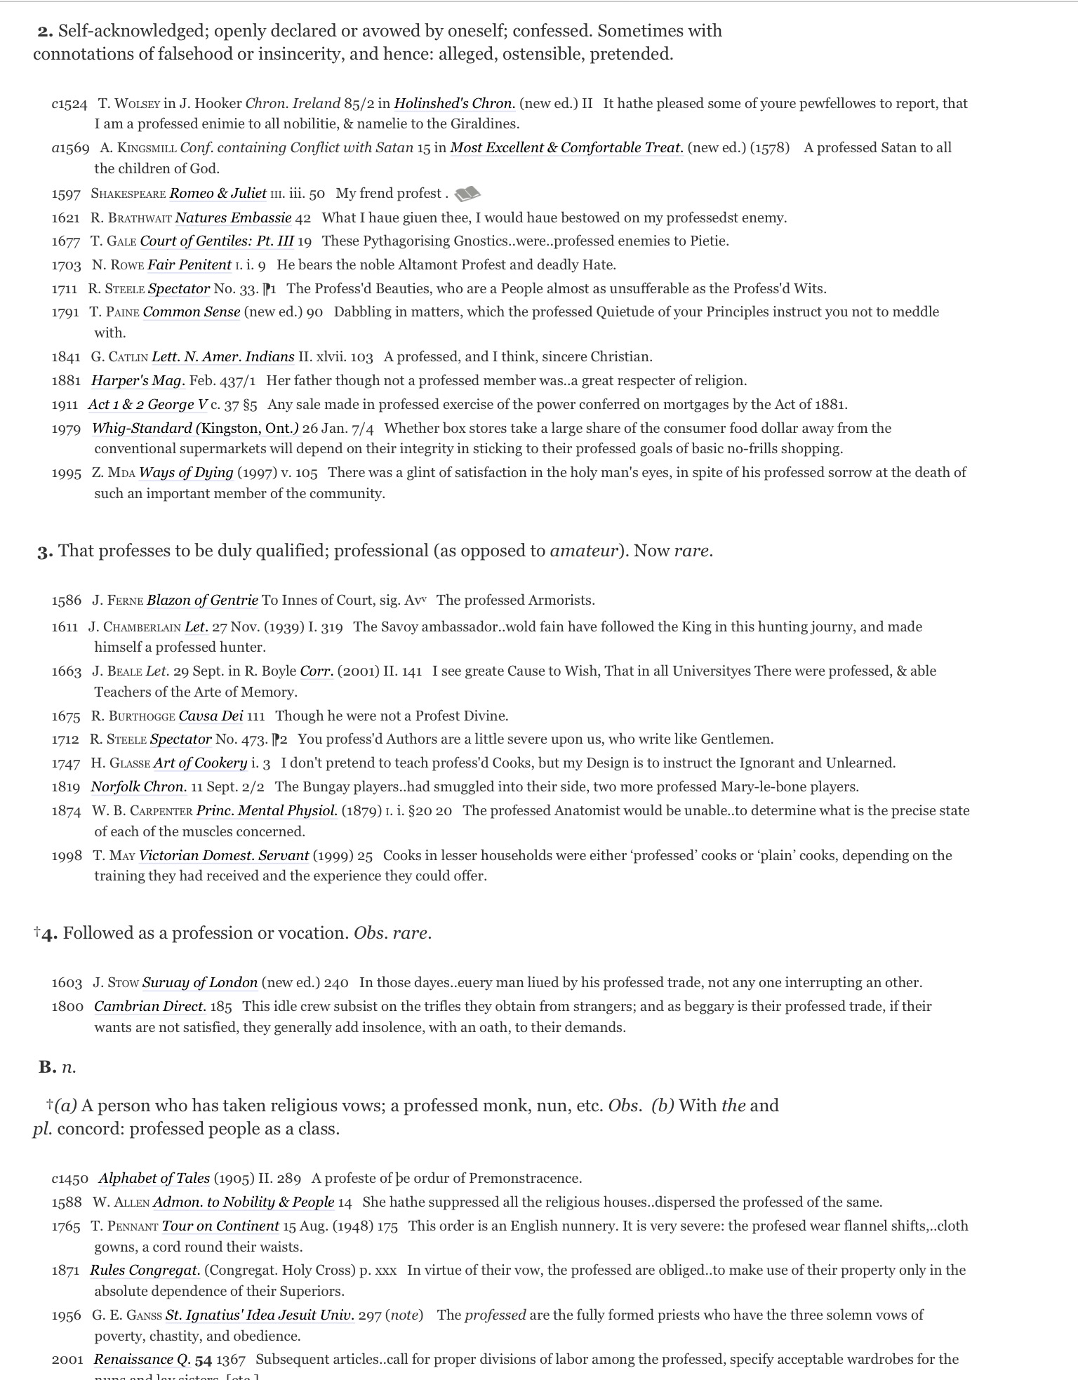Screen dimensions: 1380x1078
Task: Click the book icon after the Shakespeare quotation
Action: (x=467, y=193)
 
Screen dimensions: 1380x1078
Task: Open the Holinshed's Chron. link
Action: (x=454, y=104)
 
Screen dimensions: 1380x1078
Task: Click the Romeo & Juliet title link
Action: (x=218, y=194)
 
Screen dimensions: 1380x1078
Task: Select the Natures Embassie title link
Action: (x=232, y=217)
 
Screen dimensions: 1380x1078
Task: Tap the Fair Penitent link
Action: (x=189, y=265)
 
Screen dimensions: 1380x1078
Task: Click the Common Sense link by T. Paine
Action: (x=191, y=312)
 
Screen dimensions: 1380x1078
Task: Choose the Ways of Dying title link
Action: (x=186, y=473)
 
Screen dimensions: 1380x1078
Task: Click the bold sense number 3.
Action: (x=44, y=551)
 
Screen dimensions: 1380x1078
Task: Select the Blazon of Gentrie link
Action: (x=202, y=601)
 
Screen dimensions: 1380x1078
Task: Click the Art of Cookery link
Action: (x=200, y=763)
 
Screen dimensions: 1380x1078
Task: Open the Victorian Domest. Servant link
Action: (x=224, y=856)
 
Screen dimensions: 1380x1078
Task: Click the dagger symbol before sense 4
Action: (x=36, y=932)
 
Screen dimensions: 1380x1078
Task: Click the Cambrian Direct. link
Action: (x=150, y=1007)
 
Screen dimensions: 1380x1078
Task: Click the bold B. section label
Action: (x=47, y=1067)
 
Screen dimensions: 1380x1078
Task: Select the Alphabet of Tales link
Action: (x=154, y=1179)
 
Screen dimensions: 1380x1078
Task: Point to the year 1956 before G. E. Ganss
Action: (x=66, y=1315)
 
